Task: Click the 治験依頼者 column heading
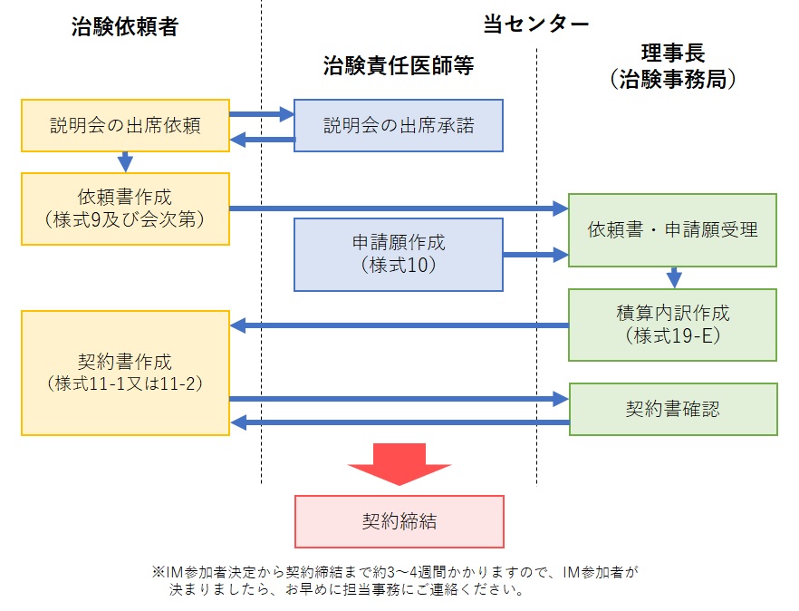pyautogui.click(x=124, y=26)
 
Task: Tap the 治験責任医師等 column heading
pyautogui.click(x=399, y=66)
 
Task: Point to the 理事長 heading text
pyautogui.click(x=672, y=52)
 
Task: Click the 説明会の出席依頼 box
pyautogui.click(x=125, y=125)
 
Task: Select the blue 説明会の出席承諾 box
pyautogui.click(x=399, y=125)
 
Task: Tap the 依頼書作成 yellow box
pyautogui.click(x=125, y=208)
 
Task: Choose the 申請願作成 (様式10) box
pyautogui.click(x=399, y=254)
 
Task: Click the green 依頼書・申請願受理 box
pyautogui.click(x=672, y=230)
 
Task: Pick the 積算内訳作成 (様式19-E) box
pyautogui.click(x=672, y=324)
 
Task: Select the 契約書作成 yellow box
pyautogui.click(x=125, y=373)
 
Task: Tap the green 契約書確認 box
pyautogui.click(x=672, y=409)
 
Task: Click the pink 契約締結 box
pyautogui.click(x=399, y=522)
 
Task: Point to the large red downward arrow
pyautogui.click(x=399, y=465)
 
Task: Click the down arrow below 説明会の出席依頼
pyautogui.click(x=125, y=160)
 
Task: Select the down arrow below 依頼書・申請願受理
pyautogui.click(x=673, y=277)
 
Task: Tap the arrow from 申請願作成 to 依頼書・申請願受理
pyautogui.click(x=535, y=255)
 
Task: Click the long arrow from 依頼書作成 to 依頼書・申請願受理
pyautogui.click(x=399, y=209)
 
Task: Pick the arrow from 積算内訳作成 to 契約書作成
pyautogui.click(x=399, y=325)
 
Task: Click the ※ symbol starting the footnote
pyautogui.click(x=159, y=573)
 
